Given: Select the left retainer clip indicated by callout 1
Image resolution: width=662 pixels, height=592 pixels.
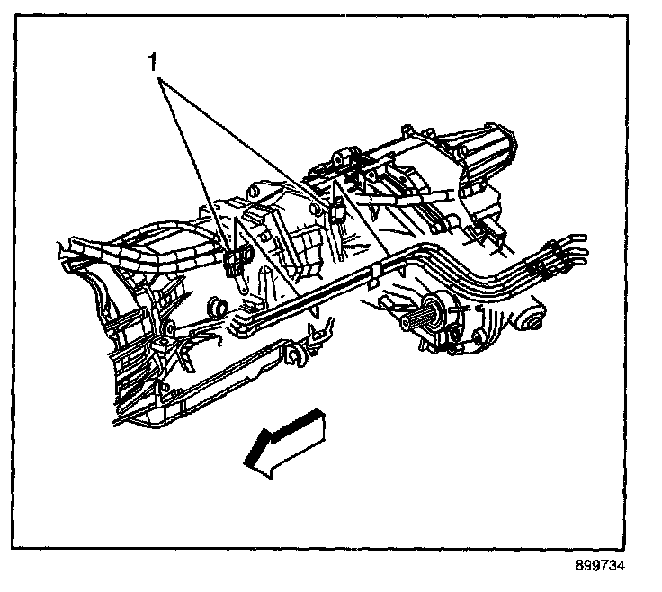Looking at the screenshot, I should [x=236, y=261].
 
